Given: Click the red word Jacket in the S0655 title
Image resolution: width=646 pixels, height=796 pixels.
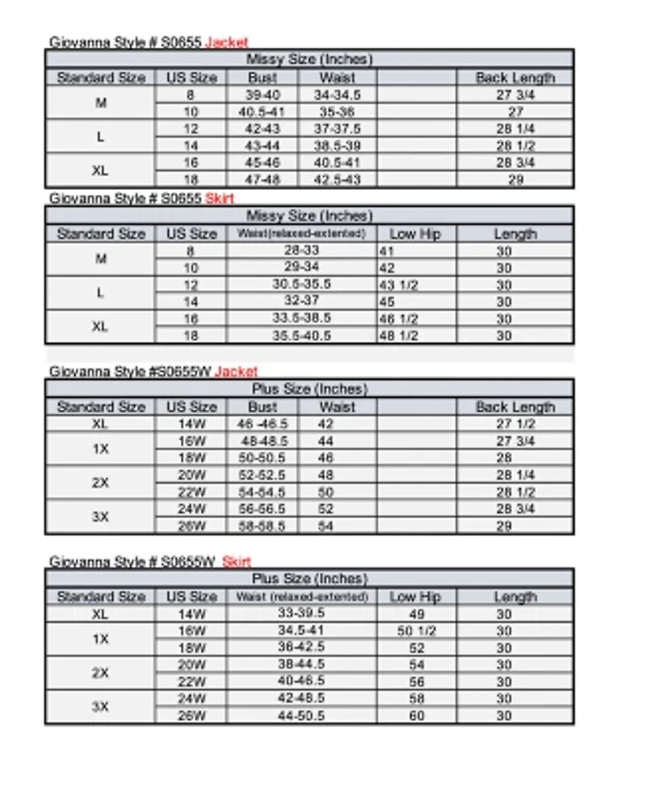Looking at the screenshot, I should pyautogui.click(x=226, y=42).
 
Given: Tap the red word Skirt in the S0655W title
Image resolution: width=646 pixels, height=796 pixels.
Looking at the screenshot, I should pyautogui.click(x=237, y=562).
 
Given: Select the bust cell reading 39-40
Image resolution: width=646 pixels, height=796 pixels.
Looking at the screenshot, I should pyautogui.click(x=262, y=95).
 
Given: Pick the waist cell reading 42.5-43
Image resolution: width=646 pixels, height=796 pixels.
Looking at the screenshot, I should pyautogui.click(x=337, y=179).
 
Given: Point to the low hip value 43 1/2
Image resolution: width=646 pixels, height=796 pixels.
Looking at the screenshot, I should pyautogui.click(x=398, y=285).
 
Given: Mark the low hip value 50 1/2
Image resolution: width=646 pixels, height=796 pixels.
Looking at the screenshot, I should pyautogui.click(x=417, y=631).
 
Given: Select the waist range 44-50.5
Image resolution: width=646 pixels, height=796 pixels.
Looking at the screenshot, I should pyautogui.click(x=301, y=716).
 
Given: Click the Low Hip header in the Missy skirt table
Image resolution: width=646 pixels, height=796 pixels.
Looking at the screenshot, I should pyautogui.click(x=415, y=234).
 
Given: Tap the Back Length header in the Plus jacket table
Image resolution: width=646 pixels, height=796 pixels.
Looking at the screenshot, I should pyautogui.click(x=514, y=407).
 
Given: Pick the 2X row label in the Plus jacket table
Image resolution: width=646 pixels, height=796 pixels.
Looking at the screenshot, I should pyautogui.click(x=100, y=483).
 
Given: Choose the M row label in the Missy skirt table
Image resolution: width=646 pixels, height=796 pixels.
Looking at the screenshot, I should pyautogui.click(x=100, y=259).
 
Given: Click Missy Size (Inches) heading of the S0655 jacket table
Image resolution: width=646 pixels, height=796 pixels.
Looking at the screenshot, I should pyautogui.click(x=308, y=60).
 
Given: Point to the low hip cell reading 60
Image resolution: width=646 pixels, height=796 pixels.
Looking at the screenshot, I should pyautogui.click(x=417, y=716).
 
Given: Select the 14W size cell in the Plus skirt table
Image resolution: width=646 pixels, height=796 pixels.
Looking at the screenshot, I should pyautogui.click(x=191, y=614).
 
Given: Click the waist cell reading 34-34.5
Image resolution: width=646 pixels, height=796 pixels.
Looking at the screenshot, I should pyautogui.click(x=337, y=95).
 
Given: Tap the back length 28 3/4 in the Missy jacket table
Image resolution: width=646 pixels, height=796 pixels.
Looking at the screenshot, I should pyautogui.click(x=515, y=162).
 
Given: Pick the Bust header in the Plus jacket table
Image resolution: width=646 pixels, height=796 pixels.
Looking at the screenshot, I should pyautogui.click(x=262, y=407).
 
